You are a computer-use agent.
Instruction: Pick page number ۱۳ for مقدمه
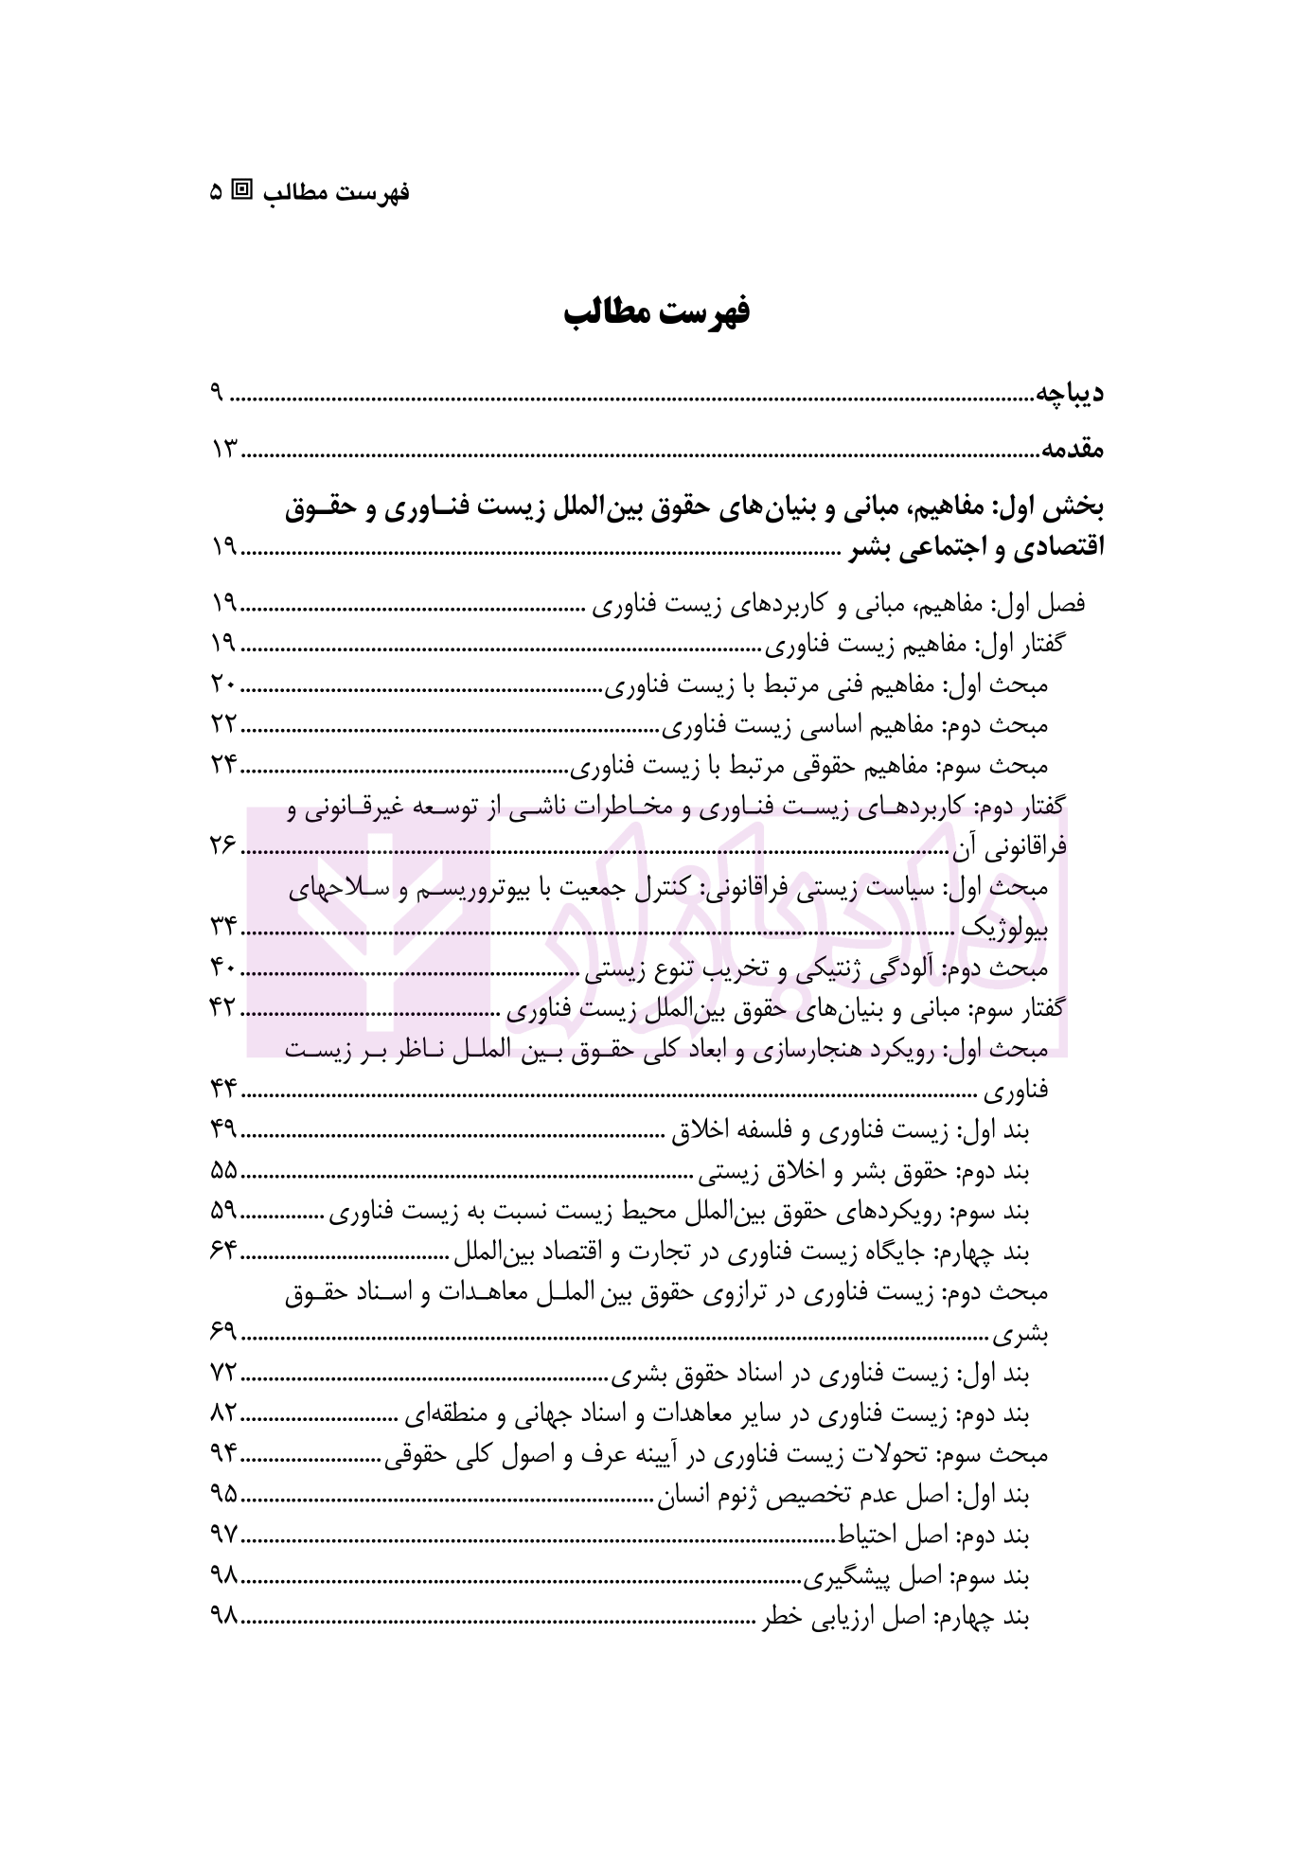click(224, 449)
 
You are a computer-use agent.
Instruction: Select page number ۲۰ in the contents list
click(223, 684)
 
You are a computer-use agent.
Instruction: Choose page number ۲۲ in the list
click(223, 725)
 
